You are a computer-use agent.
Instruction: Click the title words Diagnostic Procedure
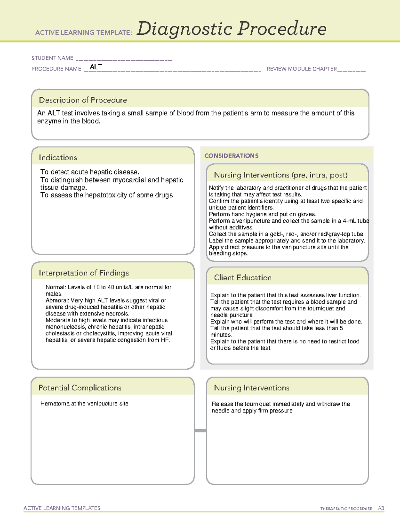(231, 29)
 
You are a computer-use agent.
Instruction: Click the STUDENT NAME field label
(52, 58)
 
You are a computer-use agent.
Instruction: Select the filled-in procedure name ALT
(96, 67)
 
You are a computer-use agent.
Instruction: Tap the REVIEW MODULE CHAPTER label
(302, 69)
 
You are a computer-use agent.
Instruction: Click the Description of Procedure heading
(83, 100)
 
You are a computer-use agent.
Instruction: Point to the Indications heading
(58, 157)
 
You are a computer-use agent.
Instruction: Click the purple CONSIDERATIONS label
(231, 156)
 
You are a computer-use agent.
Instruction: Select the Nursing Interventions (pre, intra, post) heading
(281, 175)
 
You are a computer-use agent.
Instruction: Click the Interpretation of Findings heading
(84, 273)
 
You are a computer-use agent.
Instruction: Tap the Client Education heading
(243, 278)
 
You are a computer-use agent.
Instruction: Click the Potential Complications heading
(80, 388)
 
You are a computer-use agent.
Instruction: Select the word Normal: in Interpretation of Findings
(56, 287)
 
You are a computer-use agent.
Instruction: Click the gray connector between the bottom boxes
(200, 431)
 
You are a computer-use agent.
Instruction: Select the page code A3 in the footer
(381, 508)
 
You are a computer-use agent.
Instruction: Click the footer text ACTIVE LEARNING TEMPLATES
(62, 508)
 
